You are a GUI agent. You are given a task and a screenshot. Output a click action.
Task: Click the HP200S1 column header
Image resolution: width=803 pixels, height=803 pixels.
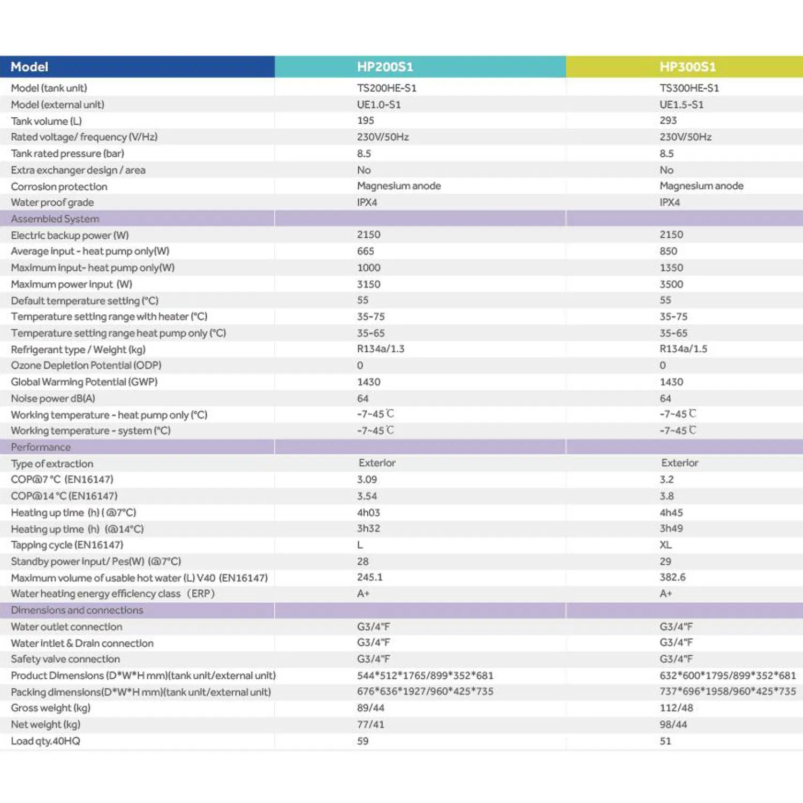click(385, 67)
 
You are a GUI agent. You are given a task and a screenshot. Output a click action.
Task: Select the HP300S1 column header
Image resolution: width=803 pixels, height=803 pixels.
click(687, 67)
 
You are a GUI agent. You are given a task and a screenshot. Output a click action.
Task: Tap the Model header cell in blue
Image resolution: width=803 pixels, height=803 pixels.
click(29, 67)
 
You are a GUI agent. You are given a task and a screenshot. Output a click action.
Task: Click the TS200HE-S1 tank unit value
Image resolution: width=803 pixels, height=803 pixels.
click(387, 88)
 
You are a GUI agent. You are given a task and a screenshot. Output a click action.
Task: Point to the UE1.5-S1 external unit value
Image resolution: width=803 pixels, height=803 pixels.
click(681, 104)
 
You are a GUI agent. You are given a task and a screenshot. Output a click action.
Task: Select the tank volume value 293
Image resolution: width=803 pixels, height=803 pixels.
click(668, 120)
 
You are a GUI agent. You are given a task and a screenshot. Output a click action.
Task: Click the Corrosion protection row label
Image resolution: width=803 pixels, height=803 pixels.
click(59, 186)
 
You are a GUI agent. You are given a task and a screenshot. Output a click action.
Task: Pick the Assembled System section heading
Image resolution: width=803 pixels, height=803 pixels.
click(55, 219)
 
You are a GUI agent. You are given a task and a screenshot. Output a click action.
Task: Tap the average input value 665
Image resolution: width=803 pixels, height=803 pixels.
click(366, 251)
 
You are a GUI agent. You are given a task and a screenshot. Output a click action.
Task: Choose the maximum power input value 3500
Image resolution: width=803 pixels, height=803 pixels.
click(671, 284)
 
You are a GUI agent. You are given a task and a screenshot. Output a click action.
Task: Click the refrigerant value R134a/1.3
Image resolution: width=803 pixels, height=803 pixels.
click(381, 349)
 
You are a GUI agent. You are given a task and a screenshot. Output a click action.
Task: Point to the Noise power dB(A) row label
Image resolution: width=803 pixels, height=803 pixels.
click(53, 398)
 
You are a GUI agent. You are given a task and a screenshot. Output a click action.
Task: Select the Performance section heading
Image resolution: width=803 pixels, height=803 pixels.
click(41, 447)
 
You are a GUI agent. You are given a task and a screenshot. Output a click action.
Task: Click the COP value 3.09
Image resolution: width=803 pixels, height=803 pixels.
click(367, 480)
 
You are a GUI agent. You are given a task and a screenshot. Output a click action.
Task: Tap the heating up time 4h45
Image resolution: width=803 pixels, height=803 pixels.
click(671, 512)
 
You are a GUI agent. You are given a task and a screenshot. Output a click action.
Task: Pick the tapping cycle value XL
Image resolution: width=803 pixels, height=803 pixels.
click(665, 545)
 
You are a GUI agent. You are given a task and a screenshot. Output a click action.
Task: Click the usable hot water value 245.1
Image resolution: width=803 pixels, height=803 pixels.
click(370, 577)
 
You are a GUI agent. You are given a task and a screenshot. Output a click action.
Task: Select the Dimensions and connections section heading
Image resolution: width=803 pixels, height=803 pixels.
click(77, 610)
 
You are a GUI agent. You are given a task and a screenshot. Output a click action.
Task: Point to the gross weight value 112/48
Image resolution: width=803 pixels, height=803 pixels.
click(676, 708)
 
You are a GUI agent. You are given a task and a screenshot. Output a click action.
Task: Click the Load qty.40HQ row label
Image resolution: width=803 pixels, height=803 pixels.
click(46, 741)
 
